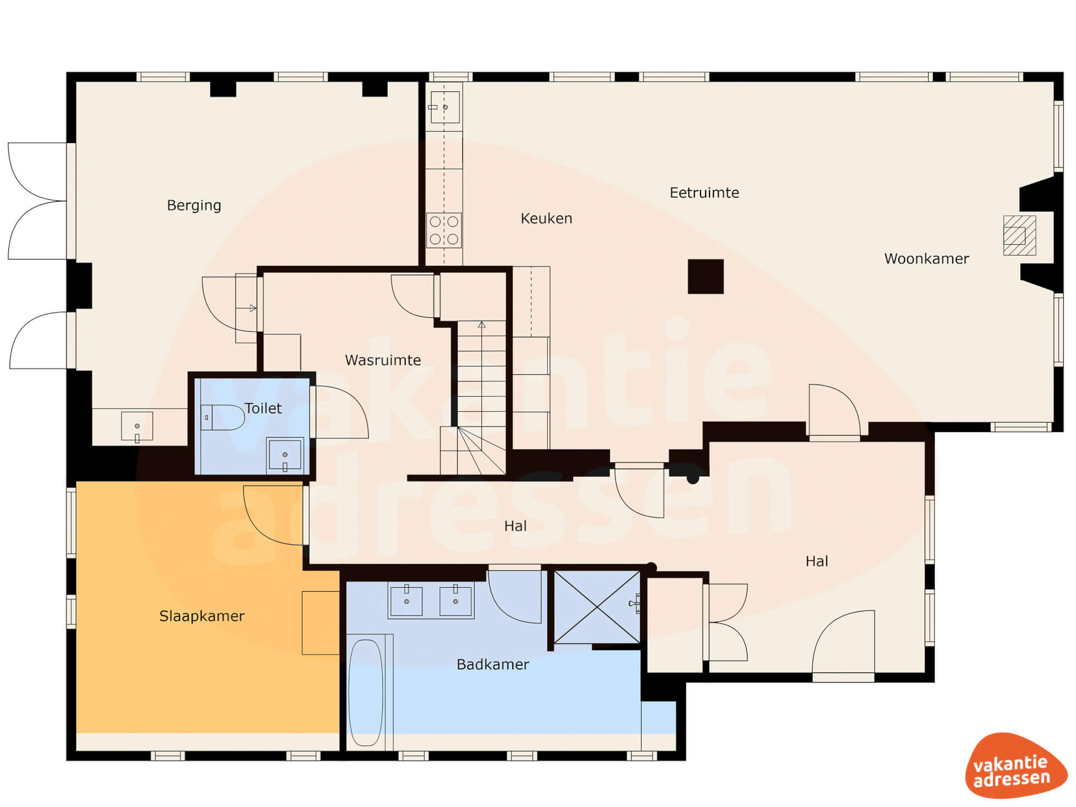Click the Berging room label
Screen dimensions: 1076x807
(x=194, y=205)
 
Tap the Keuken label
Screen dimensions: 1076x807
(x=546, y=219)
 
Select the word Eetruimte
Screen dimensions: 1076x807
(x=704, y=193)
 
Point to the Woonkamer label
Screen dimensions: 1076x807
(x=926, y=259)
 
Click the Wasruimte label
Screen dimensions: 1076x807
(x=383, y=360)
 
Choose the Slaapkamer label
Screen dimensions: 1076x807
(x=202, y=616)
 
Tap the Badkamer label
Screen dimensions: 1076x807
(x=493, y=665)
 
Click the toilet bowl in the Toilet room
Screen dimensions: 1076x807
(x=222, y=417)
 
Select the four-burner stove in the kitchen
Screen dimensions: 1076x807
(x=444, y=230)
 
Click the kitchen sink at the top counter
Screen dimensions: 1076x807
(x=444, y=107)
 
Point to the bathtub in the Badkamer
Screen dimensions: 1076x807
(x=366, y=693)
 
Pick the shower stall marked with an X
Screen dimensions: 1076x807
(x=597, y=607)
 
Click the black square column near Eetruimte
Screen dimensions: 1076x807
(x=706, y=276)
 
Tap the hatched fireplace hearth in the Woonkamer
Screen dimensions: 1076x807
(x=1019, y=235)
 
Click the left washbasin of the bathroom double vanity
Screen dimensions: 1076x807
(x=406, y=600)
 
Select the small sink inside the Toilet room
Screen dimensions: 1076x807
(x=285, y=454)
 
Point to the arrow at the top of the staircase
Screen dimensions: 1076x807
(x=481, y=324)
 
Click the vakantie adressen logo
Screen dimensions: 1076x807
(x=1015, y=766)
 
